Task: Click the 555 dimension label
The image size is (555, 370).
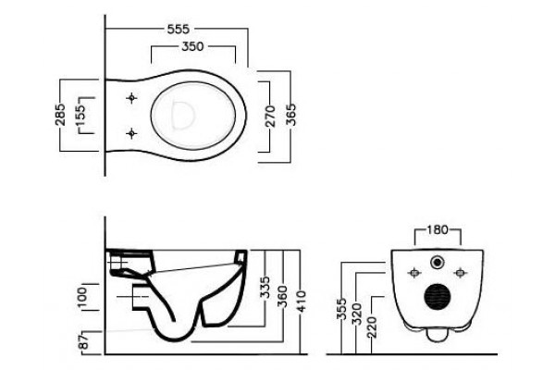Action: tap(179, 29)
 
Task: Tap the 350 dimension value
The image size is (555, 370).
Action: tap(193, 46)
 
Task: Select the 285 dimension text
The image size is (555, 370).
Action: tap(60, 114)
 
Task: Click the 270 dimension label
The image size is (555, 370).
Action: tap(270, 117)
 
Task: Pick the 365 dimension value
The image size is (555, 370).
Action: tap(291, 115)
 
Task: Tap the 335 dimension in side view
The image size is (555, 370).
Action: tap(265, 287)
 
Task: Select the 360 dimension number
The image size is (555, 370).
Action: tap(282, 297)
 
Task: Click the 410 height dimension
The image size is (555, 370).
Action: tap(301, 302)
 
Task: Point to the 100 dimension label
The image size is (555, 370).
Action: tap(81, 298)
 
